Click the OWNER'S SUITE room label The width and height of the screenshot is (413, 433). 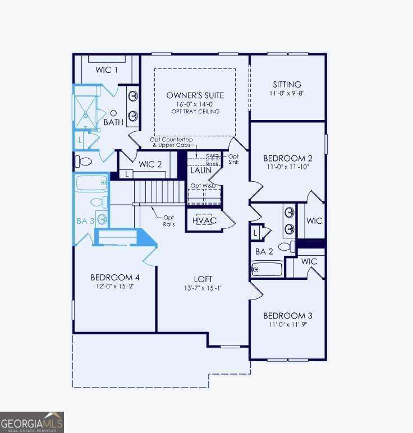click(x=195, y=95)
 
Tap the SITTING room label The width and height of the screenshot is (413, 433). click(x=287, y=85)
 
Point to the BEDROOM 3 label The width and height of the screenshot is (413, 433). click(x=287, y=315)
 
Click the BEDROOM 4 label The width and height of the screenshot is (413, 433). click(x=115, y=277)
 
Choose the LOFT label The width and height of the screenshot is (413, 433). click(x=203, y=278)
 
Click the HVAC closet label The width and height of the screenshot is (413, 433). click(x=204, y=221)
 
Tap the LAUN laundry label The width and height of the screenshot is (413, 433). click(x=200, y=170)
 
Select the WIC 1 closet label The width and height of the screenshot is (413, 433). click(x=107, y=70)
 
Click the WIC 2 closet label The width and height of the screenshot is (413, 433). click(x=150, y=164)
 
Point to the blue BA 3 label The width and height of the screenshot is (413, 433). click(x=85, y=221)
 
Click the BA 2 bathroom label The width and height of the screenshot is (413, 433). click(x=264, y=252)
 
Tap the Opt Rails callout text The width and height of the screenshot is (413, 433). click(x=169, y=220)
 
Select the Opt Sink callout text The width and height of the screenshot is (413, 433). click(x=233, y=159)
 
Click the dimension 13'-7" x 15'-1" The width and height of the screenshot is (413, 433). click(x=203, y=288)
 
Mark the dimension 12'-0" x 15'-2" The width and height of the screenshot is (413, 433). click(x=115, y=286)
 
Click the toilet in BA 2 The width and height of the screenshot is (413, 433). click(x=285, y=246)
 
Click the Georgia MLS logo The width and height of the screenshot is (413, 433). click(x=32, y=422)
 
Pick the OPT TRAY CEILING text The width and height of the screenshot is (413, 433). click(x=195, y=112)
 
